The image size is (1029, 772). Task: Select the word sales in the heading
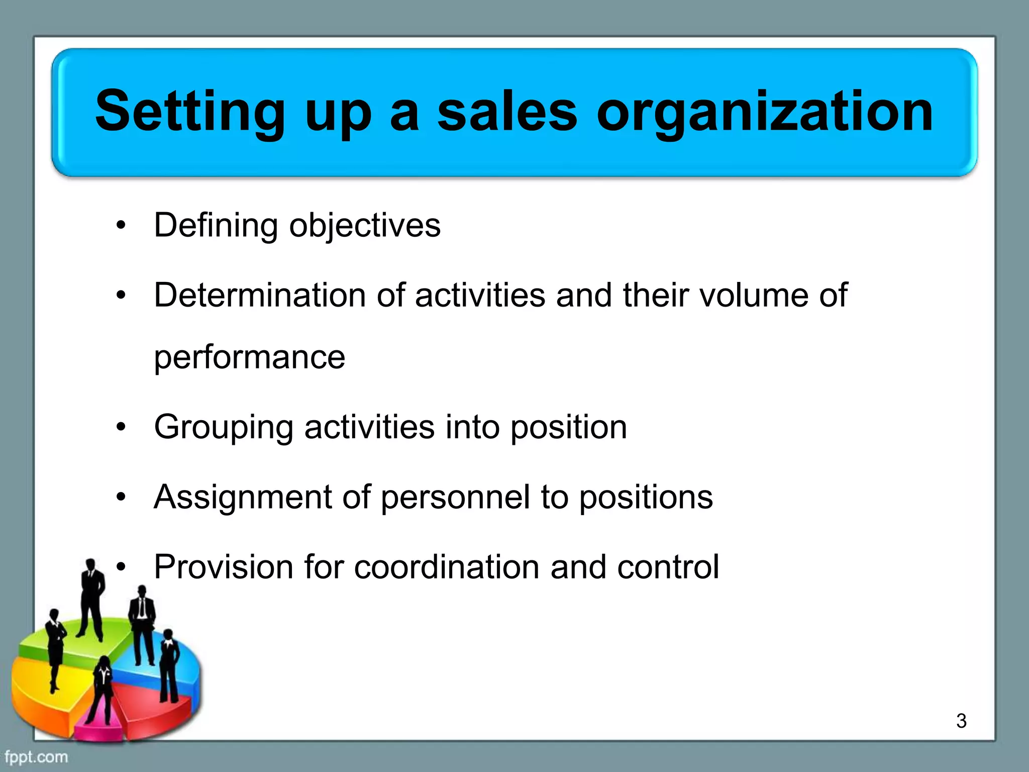pyautogui.click(x=507, y=112)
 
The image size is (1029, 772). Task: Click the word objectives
pyautogui.click(x=365, y=226)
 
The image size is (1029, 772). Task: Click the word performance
pyautogui.click(x=250, y=358)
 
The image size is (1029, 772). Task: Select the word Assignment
pyautogui.click(x=243, y=497)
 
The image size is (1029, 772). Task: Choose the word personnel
pyautogui.click(x=455, y=497)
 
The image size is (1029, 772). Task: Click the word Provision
pyautogui.click(x=224, y=567)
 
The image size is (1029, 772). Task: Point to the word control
pyautogui.click(x=668, y=567)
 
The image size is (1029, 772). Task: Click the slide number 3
pyautogui.click(x=961, y=721)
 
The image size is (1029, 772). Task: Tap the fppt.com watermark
pyautogui.click(x=36, y=756)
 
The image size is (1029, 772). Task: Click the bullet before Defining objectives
pyautogui.click(x=121, y=226)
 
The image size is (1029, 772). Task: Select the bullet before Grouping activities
pyautogui.click(x=121, y=428)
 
